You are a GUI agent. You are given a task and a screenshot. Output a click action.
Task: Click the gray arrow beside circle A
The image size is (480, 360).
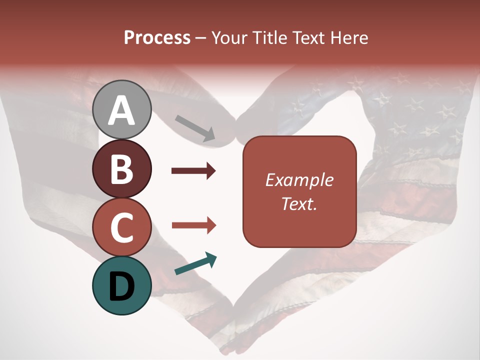point(195,128)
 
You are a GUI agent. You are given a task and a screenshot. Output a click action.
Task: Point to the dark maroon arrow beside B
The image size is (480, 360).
point(193,171)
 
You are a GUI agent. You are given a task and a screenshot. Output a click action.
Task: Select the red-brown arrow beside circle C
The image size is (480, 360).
point(194,225)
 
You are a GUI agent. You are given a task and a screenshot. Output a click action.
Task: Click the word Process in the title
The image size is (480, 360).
point(157,37)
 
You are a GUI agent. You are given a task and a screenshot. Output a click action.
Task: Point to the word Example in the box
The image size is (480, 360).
point(299,180)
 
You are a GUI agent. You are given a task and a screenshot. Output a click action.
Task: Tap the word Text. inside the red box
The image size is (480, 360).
point(299,203)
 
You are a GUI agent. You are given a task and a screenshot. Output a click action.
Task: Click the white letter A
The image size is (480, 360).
point(122,111)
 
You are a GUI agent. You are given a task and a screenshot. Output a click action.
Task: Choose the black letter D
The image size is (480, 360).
point(122,286)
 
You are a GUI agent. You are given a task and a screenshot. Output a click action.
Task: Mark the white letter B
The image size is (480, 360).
point(122,168)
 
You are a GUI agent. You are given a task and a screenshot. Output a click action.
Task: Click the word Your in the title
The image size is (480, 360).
point(228,37)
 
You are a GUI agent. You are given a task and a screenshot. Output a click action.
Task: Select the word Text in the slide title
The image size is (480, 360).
point(309,37)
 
